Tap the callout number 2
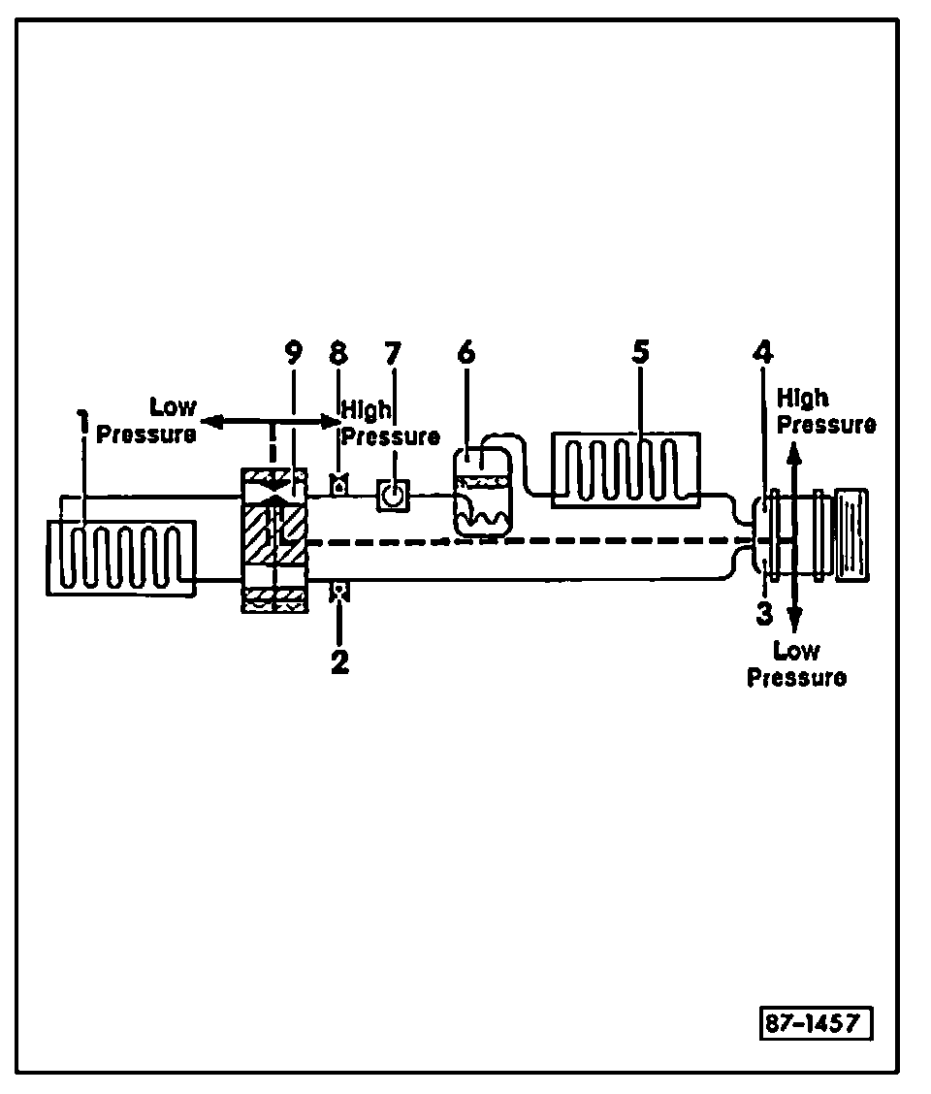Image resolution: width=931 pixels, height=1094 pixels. click(x=339, y=663)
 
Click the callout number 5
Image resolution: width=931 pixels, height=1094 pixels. click(x=639, y=352)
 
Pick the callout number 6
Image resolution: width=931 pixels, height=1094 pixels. click(x=466, y=352)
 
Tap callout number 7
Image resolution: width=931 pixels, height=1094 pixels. click(x=392, y=352)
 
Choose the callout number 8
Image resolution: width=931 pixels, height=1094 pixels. click(x=338, y=352)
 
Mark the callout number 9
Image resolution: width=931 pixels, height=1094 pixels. click(x=293, y=352)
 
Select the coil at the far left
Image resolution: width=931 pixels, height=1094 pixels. click(x=120, y=557)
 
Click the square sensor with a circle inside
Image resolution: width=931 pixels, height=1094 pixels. click(x=392, y=497)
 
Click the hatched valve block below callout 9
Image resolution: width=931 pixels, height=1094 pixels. click(x=275, y=539)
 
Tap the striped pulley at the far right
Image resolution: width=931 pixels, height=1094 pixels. click(x=851, y=536)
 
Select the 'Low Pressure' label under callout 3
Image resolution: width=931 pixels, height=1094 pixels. click(x=797, y=663)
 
